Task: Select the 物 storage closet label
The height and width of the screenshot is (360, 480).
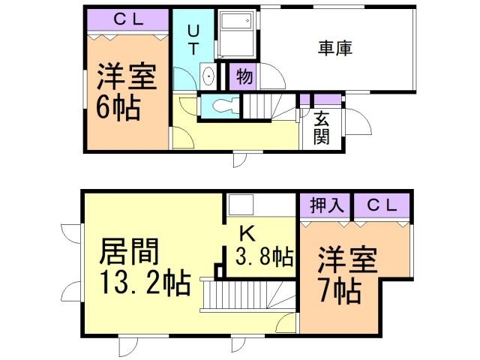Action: point(244,75)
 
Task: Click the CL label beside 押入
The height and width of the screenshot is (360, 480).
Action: point(382,205)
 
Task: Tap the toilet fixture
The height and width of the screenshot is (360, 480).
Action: point(223,106)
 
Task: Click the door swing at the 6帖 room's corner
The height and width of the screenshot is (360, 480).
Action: point(180,137)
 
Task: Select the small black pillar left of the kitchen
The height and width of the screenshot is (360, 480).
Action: point(217,269)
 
